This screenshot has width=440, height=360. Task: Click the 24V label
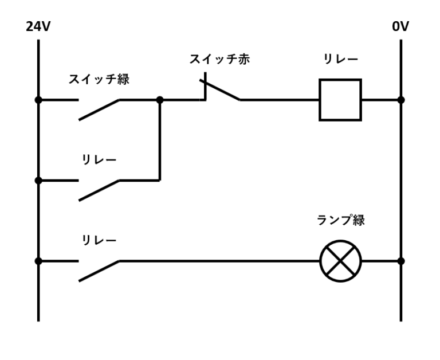38,27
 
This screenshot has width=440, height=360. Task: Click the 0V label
400,27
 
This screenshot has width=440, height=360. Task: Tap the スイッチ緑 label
99,79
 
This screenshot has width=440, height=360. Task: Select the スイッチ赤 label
219,59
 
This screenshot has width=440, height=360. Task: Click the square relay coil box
340,100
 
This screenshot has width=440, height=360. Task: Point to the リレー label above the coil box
340,59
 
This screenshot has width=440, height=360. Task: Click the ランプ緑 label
340,220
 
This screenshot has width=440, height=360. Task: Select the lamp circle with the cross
340,261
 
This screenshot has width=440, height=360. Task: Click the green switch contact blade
99,109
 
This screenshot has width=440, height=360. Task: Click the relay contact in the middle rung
99,190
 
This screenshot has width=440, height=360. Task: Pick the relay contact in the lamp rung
99,271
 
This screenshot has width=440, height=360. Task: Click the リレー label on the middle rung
99,160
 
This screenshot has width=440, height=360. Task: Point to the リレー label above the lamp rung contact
99,240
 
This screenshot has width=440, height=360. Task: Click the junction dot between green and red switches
159,100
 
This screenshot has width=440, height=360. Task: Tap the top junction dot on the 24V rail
38,100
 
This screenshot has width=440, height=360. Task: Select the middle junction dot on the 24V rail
38,181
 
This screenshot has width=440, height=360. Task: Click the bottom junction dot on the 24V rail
38,261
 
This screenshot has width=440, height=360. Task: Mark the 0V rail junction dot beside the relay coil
400,100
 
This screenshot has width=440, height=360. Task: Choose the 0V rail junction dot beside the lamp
400,261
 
